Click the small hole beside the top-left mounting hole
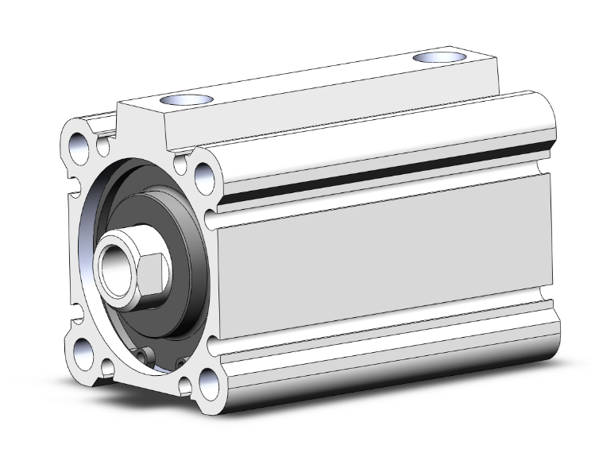[x=102, y=146]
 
